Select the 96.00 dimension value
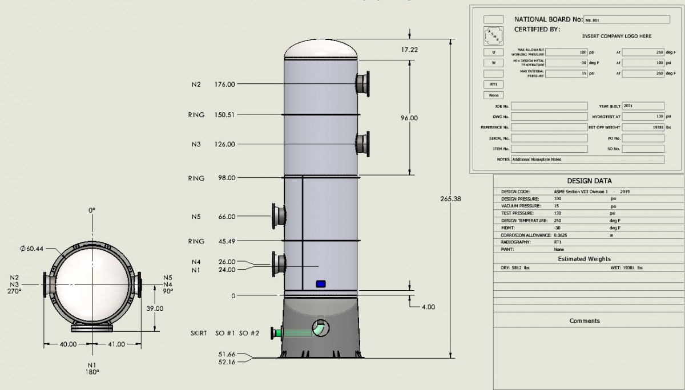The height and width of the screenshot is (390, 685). coord(409,118)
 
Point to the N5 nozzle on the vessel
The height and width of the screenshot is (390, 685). coord(278,216)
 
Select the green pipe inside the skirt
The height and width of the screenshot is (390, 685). coord(294,332)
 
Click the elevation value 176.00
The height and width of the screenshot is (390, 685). coord(224,84)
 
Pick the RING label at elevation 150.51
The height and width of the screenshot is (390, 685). coord(196,115)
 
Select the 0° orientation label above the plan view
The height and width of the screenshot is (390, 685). coord(92,210)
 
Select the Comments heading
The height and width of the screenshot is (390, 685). coord(584,321)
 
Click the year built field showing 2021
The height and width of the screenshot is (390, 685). coord(642,106)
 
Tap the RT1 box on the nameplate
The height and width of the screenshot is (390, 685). coord(493,84)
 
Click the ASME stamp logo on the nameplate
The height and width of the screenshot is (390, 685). coord(493,34)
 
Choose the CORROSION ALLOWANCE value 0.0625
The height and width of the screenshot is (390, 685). coord(563,235)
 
